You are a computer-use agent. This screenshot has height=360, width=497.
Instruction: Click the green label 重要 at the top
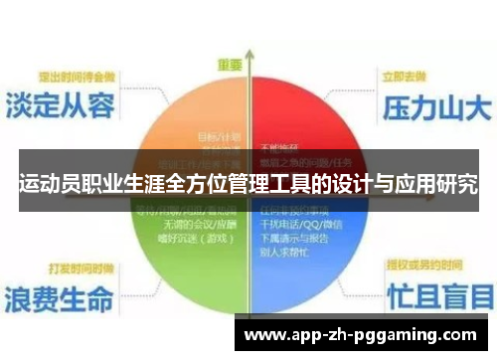pos(230,65)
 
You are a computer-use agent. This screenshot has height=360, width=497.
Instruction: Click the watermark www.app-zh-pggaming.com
pos(361,334)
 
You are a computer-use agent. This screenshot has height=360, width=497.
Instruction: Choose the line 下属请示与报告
pos(294,238)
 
